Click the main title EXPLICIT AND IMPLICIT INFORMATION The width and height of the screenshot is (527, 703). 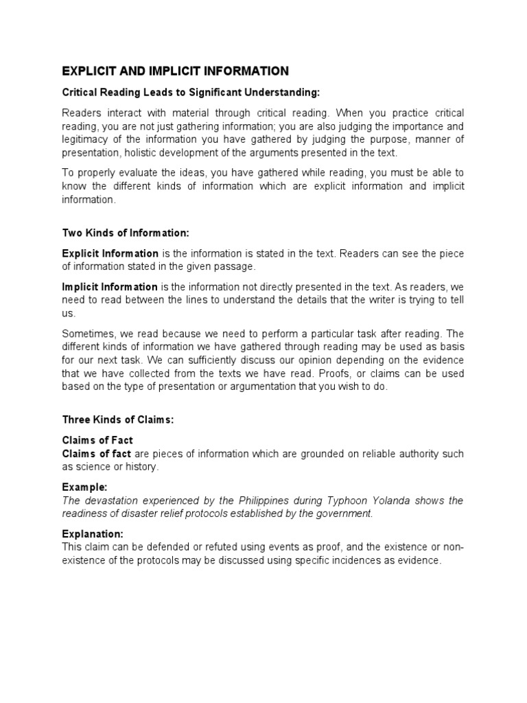tap(176, 71)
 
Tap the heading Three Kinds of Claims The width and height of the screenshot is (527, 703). tap(118, 420)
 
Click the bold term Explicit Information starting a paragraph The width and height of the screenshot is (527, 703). tap(110, 254)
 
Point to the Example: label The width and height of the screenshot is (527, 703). tap(84, 486)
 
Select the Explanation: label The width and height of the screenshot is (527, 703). tap(93, 533)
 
